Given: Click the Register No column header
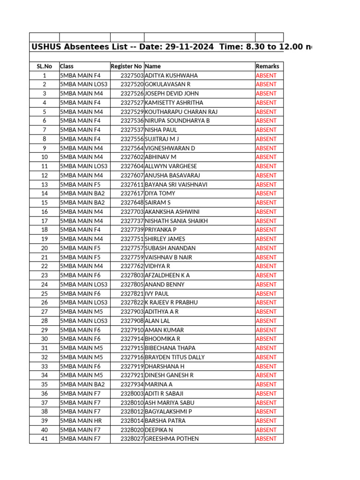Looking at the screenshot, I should (127, 67).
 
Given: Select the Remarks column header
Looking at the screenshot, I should (268, 67).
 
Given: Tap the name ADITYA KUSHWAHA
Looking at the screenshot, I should (171, 75).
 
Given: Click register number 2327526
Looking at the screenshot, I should (132, 93).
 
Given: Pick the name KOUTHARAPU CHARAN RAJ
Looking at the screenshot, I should (181, 112).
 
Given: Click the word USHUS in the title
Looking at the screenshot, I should (45, 47).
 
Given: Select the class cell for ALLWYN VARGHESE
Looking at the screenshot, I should (83, 166).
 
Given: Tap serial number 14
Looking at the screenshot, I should (45, 194).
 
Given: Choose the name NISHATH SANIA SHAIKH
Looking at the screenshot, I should (176, 221).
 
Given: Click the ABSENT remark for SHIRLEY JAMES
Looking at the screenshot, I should (266, 239).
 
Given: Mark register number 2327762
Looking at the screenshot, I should (132, 266).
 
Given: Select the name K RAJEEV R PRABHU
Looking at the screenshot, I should (171, 302).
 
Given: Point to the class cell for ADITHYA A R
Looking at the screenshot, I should (78, 312).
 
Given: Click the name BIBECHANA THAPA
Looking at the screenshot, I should (170, 348).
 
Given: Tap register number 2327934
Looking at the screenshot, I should (132, 384).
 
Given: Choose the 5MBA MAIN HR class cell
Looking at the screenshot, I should (78, 420).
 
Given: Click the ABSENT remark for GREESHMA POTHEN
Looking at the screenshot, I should (266, 439).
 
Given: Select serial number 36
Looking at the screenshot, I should (45, 393).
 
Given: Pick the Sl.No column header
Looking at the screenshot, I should (45, 67).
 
